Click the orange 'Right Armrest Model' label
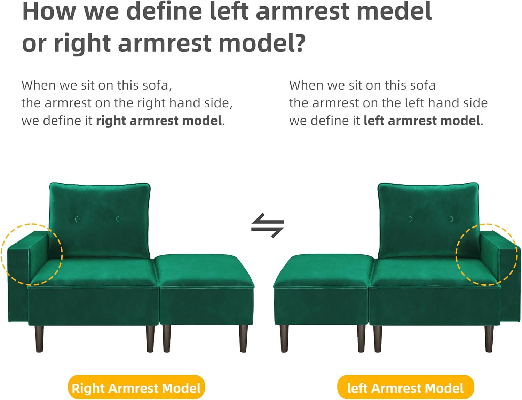coord(136,388)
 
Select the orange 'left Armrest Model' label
coord(405,388)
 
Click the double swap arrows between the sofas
coord(268,225)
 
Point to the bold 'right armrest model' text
coord(159,121)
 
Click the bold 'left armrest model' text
coord(422,121)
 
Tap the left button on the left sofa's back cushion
coord(78,219)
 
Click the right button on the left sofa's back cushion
coord(118,219)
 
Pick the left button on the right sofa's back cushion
coord(410,219)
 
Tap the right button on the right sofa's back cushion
coord(450,219)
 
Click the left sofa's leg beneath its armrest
coord(39,339)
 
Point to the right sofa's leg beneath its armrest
coord(489,339)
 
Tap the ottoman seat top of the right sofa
coord(323,270)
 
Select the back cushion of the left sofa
coord(100,220)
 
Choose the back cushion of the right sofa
coord(428,220)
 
